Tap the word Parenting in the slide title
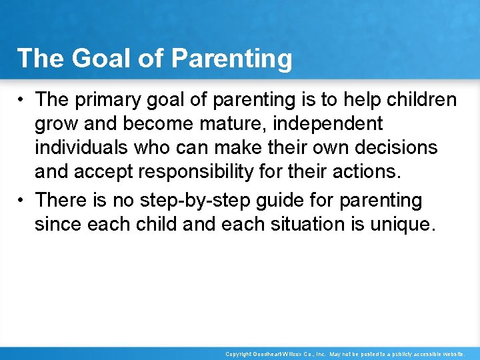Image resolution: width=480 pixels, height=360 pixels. click(x=231, y=59)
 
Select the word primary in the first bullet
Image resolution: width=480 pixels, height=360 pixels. click(x=101, y=100)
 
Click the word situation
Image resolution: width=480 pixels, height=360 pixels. click(x=299, y=224)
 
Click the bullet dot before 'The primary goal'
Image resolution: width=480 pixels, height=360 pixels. click(x=22, y=100)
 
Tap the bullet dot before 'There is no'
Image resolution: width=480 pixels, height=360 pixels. click(x=22, y=200)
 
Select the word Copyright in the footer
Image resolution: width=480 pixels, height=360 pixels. click(x=239, y=354)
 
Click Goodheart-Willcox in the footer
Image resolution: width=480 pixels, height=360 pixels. click(x=280, y=354)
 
